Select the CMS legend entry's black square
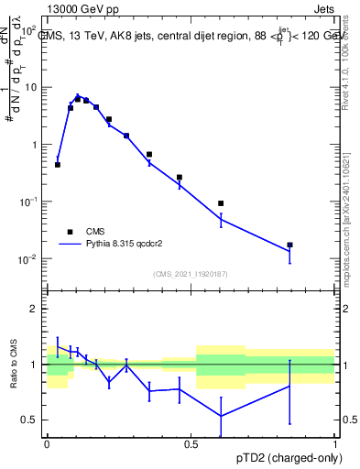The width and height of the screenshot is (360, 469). coord(70,232)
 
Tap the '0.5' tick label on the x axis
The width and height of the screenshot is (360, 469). coord(191,443)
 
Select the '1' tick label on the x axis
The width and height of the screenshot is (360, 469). coord(334,443)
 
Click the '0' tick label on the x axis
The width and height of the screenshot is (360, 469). coord(47,443)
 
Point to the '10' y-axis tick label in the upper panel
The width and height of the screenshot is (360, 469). coord(31,87)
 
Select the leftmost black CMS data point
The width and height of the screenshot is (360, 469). coord(58,165)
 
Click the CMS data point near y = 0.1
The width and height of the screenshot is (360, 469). coord(221,203)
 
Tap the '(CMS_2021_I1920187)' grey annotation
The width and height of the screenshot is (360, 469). coord(191,273)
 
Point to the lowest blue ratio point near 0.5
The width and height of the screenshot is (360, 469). coord(221,416)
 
